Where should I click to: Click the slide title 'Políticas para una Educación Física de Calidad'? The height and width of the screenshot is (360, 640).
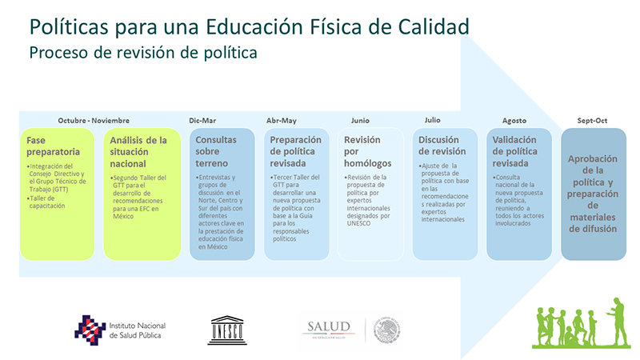pos(249,27)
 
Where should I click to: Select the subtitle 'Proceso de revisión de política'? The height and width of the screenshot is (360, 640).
pos(143,53)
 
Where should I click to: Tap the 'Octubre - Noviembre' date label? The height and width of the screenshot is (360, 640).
pos(94,121)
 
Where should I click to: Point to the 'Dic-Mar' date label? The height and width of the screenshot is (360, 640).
pos(202,121)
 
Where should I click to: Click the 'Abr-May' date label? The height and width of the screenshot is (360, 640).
pos(282,121)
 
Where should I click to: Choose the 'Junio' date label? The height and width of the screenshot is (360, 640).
pos(360,121)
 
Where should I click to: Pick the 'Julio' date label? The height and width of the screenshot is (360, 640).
pos(433,120)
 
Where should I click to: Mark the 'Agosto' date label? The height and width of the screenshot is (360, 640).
pos(514,121)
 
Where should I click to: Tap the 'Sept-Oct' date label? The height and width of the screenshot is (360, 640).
pos(592,121)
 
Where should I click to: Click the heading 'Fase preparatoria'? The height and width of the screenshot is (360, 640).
pos(53,146)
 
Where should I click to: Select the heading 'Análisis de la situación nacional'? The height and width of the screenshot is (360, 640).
pos(138,151)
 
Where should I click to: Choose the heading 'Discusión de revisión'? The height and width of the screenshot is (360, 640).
pos(442,146)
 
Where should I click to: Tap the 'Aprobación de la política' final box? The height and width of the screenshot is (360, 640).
pos(593,193)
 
